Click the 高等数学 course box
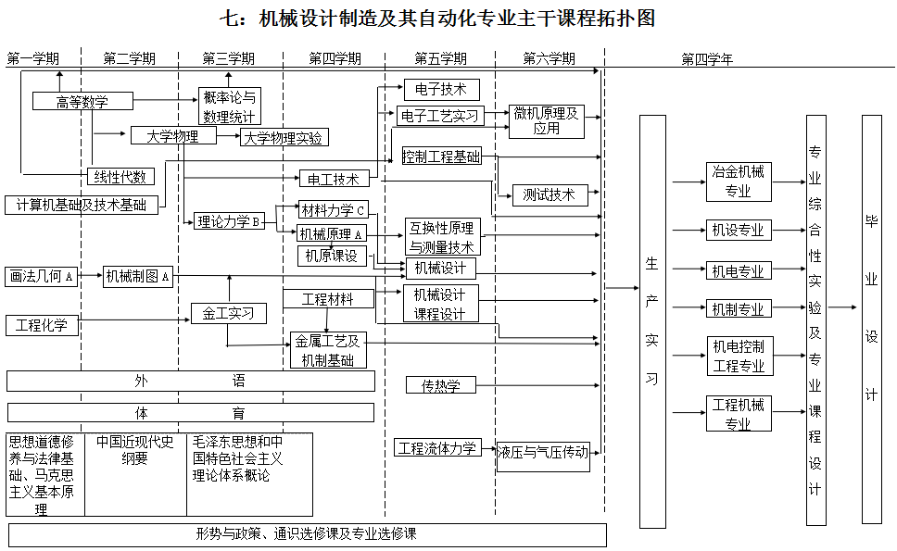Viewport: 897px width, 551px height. [x=82, y=102]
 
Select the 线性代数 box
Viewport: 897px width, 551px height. [x=121, y=177]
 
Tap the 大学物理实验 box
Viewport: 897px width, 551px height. [x=284, y=138]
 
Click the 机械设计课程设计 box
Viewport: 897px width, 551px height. [x=440, y=304]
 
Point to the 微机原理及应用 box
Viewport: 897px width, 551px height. [x=547, y=121]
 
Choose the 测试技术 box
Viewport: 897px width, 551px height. [x=550, y=195]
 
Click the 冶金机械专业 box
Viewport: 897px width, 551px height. [x=739, y=182]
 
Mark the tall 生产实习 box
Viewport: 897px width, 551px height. [x=652, y=321]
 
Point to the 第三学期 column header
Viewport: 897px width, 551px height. [x=229, y=58]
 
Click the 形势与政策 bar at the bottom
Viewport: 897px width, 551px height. [x=307, y=534]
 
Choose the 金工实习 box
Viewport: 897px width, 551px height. [x=229, y=314]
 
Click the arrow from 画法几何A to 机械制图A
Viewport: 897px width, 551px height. [x=90, y=276]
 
